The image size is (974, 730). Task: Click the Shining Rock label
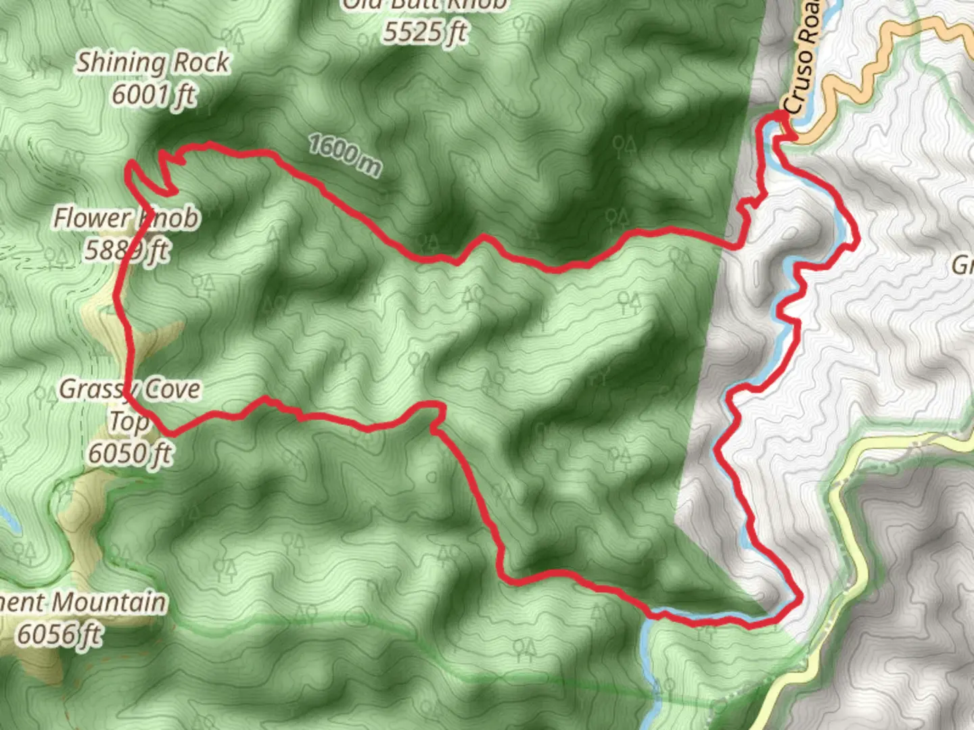click(152, 63)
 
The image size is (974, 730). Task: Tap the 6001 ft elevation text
click(154, 95)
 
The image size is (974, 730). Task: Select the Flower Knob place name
click(126, 218)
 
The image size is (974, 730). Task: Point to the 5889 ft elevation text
click(126, 251)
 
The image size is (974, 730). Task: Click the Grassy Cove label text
click(130, 389)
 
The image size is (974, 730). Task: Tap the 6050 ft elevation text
click(130, 454)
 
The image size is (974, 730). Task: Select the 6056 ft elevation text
click(60, 635)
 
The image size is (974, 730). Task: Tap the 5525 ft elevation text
click(425, 32)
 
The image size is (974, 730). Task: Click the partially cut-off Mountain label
click(83, 602)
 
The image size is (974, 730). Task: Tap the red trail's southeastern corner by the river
click(800, 598)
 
